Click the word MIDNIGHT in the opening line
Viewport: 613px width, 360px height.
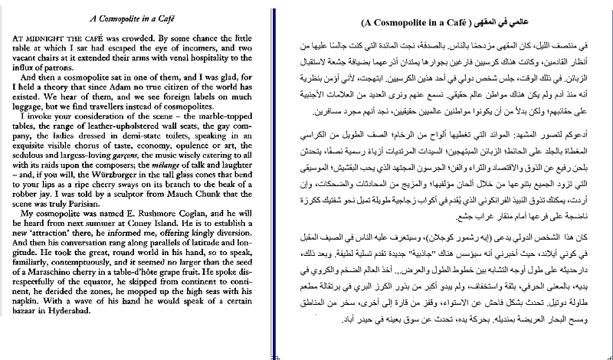click(x=42, y=36)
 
